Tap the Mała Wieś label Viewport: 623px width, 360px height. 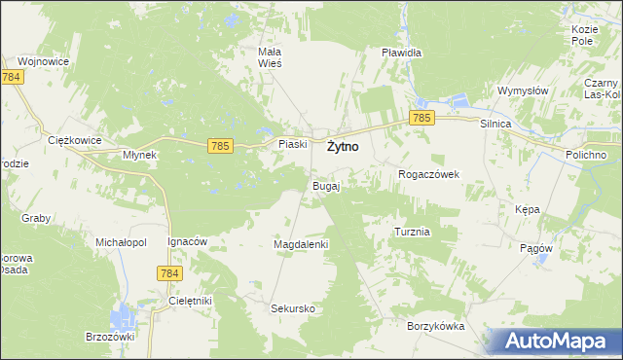(x=269, y=56)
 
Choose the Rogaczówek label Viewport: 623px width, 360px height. (x=428, y=174)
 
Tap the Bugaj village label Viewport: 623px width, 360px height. (x=325, y=185)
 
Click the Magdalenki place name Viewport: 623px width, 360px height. (x=301, y=244)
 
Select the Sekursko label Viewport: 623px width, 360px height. (x=293, y=308)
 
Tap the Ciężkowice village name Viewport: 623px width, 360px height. (x=75, y=140)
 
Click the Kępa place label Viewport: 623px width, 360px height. (x=527, y=209)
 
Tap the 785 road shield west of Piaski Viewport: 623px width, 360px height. (x=220, y=146)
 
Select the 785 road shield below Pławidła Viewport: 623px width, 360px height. (x=421, y=118)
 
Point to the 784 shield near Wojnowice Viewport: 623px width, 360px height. (x=12, y=77)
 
